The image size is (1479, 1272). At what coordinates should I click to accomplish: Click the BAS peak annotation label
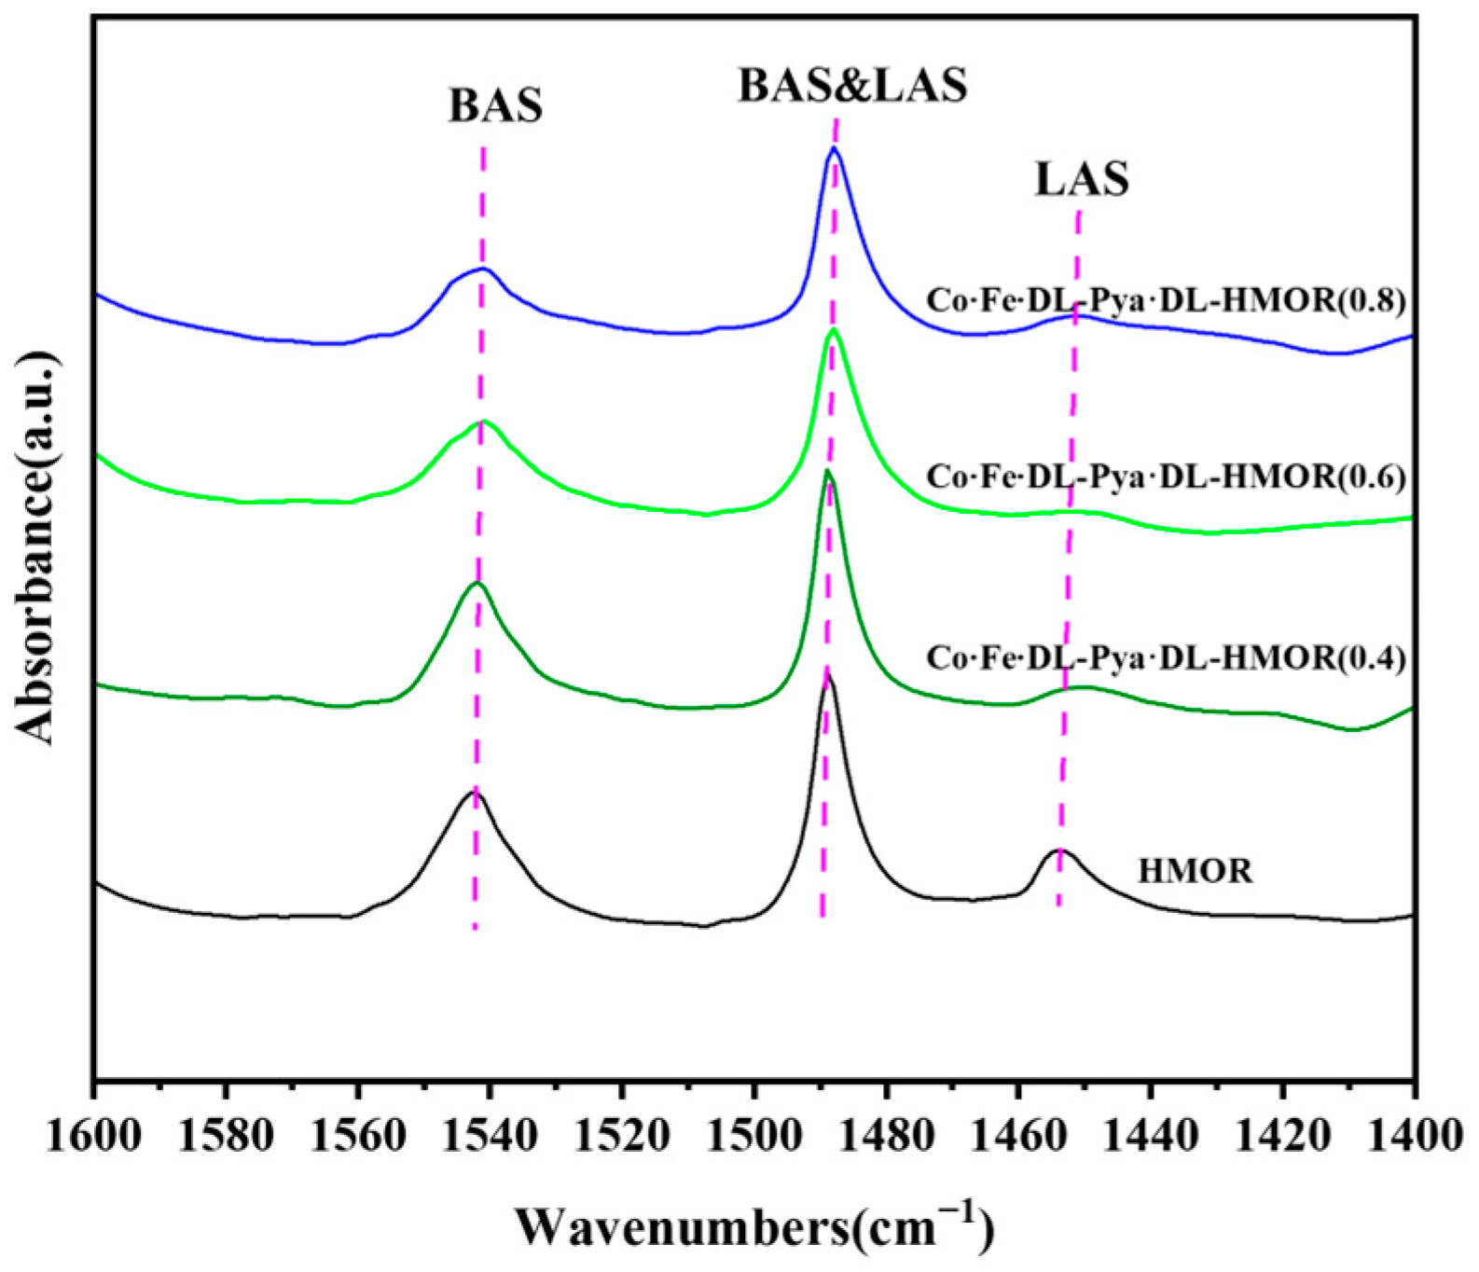click(x=495, y=106)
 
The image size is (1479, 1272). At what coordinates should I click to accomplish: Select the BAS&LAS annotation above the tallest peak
click(x=852, y=86)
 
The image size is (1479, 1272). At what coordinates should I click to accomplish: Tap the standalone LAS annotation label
click(x=1081, y=179)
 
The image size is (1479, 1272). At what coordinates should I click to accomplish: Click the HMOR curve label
click(x=1195, y=871)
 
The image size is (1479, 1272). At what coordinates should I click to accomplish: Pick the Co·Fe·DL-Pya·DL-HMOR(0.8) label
click(x=1165, y=300)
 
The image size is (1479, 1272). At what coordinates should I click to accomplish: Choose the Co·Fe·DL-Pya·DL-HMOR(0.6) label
click(x=1165, y=477)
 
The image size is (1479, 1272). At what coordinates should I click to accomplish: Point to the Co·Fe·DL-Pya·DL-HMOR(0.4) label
click(x=1165, y=658)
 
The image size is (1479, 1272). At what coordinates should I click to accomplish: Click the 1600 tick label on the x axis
click(x=93, y=1141)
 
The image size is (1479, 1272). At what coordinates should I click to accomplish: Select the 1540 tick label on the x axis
click(x=490, y=1141)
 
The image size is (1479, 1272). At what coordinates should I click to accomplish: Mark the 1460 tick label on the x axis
click(x=1018, y=1141)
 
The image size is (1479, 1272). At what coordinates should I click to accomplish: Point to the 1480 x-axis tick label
click(x=886, y=1141)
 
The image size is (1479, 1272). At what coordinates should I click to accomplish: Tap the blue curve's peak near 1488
click(x=834, y=148)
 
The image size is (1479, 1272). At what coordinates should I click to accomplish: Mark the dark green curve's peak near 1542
click(x=477, y=584)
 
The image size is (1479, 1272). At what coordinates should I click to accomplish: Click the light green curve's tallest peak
click(x=833, y=330)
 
